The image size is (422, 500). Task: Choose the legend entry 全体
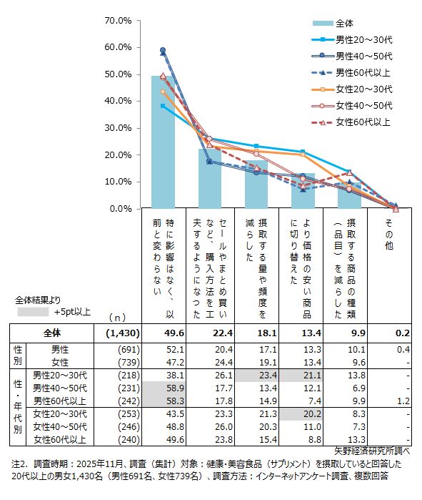click(345, 24)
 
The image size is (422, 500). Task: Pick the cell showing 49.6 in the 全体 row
click(174, 333)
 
